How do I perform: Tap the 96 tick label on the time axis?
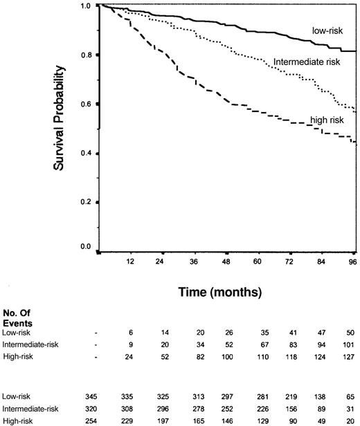[352, 262]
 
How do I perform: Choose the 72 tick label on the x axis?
[289, 262]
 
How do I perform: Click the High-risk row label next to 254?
[19, 420]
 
